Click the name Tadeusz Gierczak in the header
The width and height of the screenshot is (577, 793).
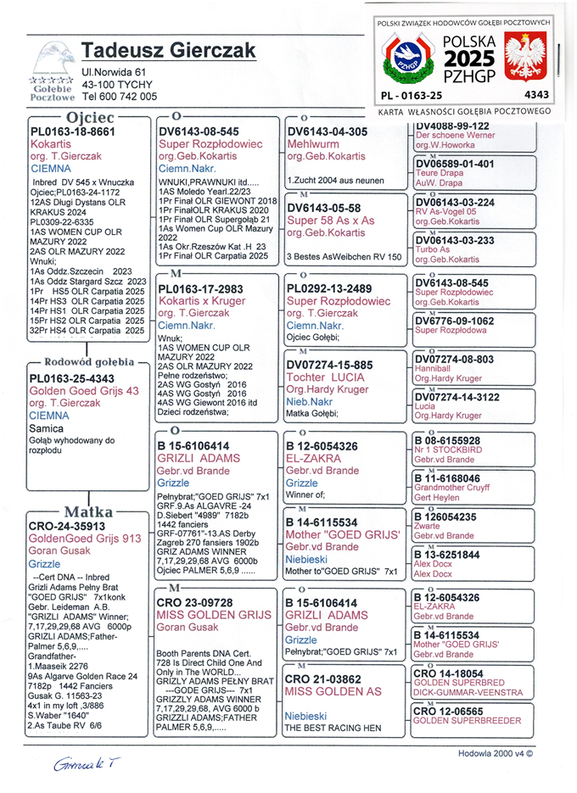(x=169, y=52)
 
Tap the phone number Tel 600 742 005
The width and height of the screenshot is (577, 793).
(x=120, y=97)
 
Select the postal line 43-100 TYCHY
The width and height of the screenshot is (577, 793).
(x=117, y=85)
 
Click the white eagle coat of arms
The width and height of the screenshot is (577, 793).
(x=524, y=58)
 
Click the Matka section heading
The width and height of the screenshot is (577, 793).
(x=88, y=511)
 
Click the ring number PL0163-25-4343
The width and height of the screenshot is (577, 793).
(x=72, y=378)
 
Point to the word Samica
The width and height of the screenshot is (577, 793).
(x=46, y=429)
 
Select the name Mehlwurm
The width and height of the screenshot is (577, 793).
(x=314, y=144)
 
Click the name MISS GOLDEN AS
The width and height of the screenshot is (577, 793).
(x=333, y=692)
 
